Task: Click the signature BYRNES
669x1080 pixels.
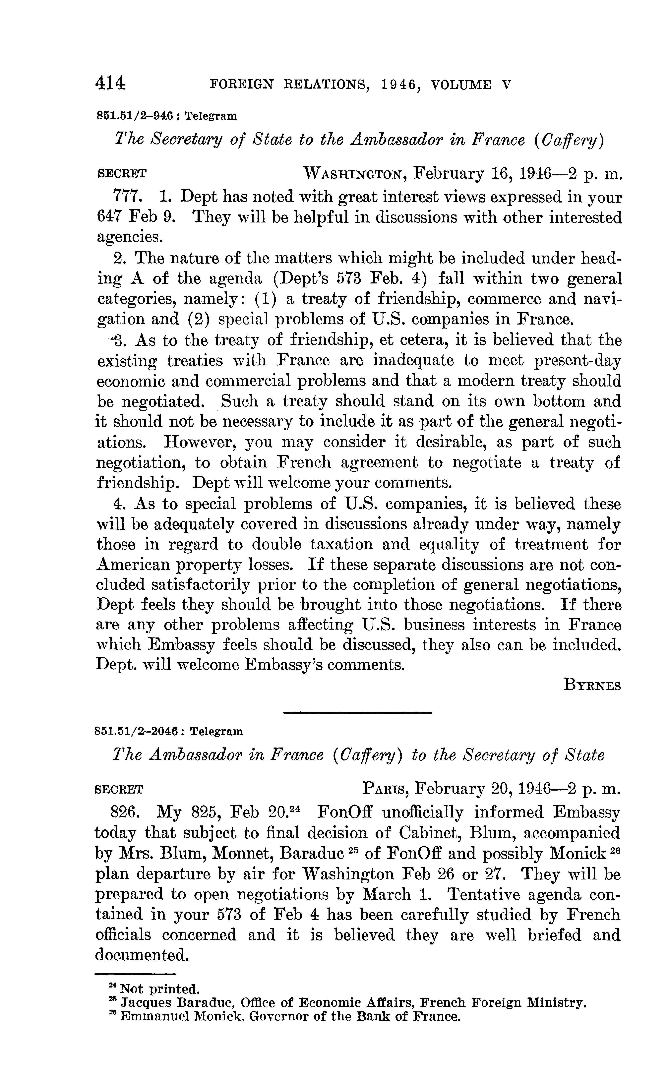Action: pos(592,685)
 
